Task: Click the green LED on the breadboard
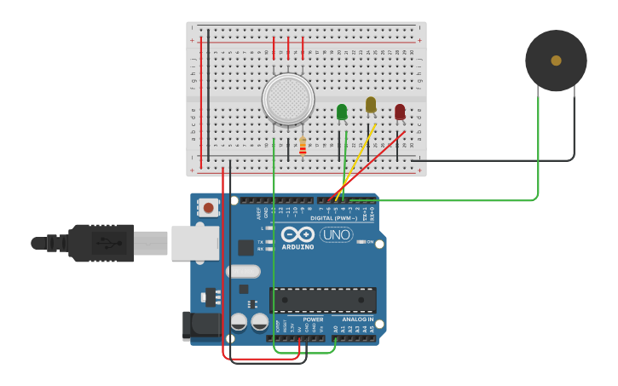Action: point(342,112)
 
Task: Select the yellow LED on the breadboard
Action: point(371,104)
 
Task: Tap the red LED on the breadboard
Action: point(400,112)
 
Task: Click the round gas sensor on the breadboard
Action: point(288,98)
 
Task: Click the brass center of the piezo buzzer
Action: point(556,60)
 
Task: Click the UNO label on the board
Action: point(337,234)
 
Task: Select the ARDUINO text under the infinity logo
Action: point(297,247)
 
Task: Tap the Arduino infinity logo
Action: point(297,234)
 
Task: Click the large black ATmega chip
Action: point(322,300)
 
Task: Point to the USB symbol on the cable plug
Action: point(109,243)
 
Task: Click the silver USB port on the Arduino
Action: point(194,243)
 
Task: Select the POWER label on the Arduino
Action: point(313,320)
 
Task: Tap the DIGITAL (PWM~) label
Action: point(333,218)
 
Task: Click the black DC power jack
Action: point(202,324)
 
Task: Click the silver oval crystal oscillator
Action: point(243,272)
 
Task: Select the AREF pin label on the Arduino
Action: point(259,212)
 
